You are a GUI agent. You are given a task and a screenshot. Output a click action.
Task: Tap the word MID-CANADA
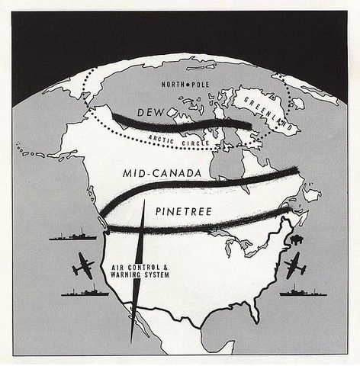tap(162, 174)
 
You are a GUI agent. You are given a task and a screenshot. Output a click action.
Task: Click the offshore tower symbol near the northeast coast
tap(297, 239)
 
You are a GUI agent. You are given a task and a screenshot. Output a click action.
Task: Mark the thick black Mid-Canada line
tap(206, 183)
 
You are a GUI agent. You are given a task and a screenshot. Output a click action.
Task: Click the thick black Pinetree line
tap(198, 222)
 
